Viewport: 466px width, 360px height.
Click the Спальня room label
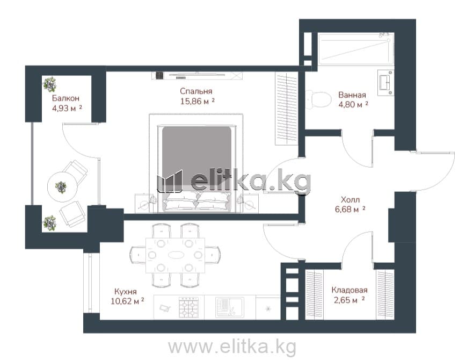[x=196, y=91]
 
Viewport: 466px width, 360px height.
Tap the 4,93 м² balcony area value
[x=67, y=108]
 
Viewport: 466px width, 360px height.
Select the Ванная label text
[x=352, y=95]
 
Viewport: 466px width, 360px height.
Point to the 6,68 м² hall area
[x=350, y=209]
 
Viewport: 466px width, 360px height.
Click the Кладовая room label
[x=349, y=290]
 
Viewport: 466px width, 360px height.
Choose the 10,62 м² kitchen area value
[x=127, y=301]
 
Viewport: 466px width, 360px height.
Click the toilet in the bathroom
[x=318, y=100]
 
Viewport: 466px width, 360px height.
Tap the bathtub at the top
[x=356, y=48]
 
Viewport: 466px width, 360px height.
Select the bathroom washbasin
[x=386, y=83]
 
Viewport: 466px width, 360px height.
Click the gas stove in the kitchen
[x=189, y=307]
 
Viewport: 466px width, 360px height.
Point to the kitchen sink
[x=229, y=307]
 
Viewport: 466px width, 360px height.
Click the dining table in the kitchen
[x=176, y=255]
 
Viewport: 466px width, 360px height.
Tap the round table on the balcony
[x=62, y=187]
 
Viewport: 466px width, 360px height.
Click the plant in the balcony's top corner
[x=49, y=84]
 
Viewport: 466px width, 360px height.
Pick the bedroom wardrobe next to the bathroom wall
[x=287, y=109]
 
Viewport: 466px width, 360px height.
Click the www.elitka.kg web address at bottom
[x=232, y=347]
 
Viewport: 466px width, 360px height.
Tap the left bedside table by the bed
[x=145, y=203]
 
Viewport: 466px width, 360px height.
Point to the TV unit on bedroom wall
[x=196, y=76]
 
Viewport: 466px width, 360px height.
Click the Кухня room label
[x=126, y=291]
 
